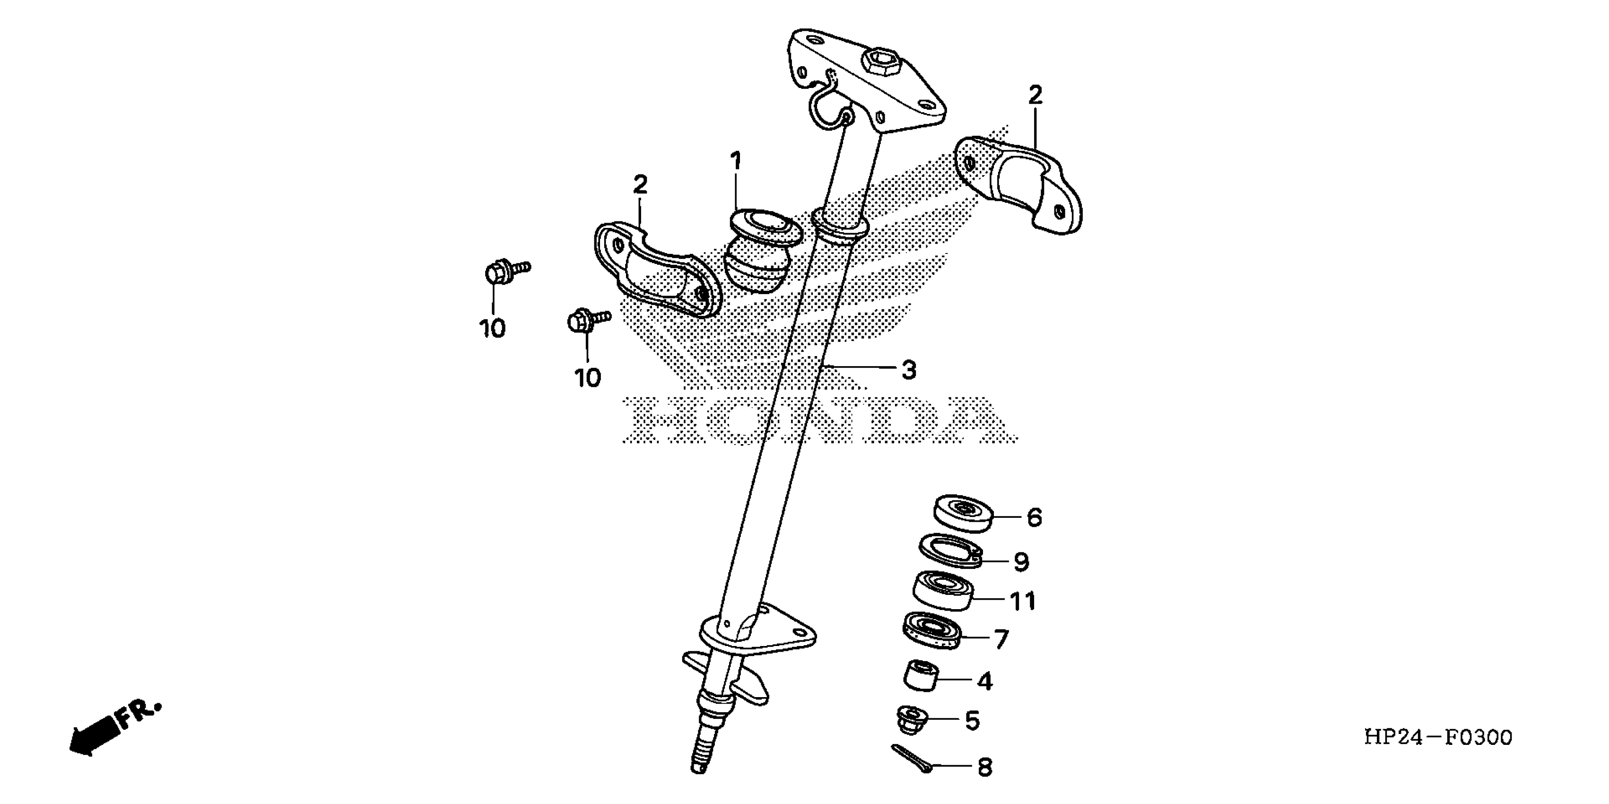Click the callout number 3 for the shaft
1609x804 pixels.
[909, 370]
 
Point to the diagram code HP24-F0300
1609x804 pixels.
[1438, 738]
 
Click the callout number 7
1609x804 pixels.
[1001, 639]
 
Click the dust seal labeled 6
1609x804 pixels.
[963, 514]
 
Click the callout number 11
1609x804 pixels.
[1023, 601]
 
